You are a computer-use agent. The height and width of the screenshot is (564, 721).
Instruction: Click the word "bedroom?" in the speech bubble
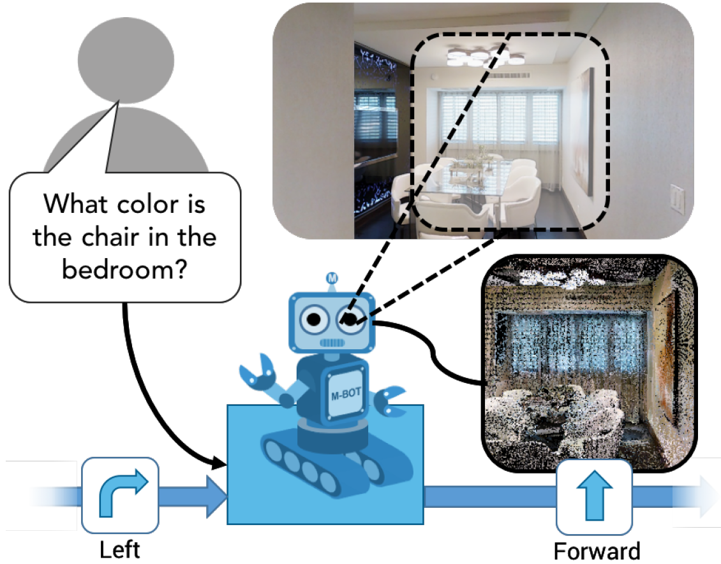124,269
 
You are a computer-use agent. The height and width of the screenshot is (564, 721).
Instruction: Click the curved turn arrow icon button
121,495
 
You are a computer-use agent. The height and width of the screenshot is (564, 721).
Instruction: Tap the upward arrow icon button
595,498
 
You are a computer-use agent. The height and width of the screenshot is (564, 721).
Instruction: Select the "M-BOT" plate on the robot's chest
346,394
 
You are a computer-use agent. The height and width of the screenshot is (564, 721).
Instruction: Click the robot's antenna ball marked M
332,278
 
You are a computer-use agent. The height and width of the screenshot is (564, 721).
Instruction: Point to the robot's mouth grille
332,343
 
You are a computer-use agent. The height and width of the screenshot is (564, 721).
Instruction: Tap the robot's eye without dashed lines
315,319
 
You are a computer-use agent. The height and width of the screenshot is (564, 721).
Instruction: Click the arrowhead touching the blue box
219,462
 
